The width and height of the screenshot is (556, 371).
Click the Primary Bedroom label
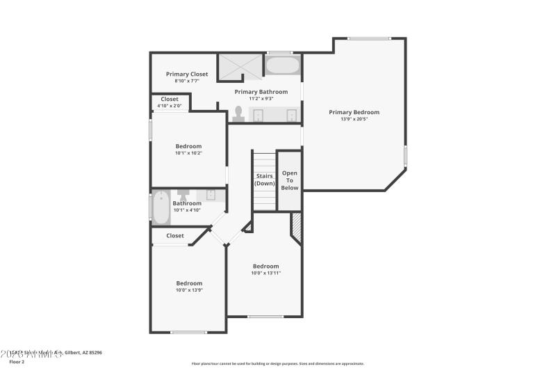[354, 112]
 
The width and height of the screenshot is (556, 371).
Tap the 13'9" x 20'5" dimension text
[354, 119]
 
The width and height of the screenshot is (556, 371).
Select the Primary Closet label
[186, 74]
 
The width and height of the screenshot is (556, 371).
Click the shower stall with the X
[239, 66]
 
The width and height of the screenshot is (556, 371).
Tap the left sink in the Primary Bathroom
[259, 115]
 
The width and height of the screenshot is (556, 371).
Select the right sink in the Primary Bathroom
[291, 115]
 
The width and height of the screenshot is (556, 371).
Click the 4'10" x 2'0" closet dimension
[169, 106]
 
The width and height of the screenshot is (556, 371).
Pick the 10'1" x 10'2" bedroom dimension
[188, 153]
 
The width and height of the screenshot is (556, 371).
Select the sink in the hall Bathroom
[211, 195]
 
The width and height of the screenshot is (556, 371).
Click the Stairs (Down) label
[264, 180]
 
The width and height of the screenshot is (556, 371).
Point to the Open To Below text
[289, 180]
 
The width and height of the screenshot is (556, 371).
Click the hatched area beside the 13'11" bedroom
[296, 226]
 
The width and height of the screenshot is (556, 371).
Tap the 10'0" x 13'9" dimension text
[189, 290]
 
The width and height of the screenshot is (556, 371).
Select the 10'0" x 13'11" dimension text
[265, 273]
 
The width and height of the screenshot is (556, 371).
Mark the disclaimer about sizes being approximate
[277, 363]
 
